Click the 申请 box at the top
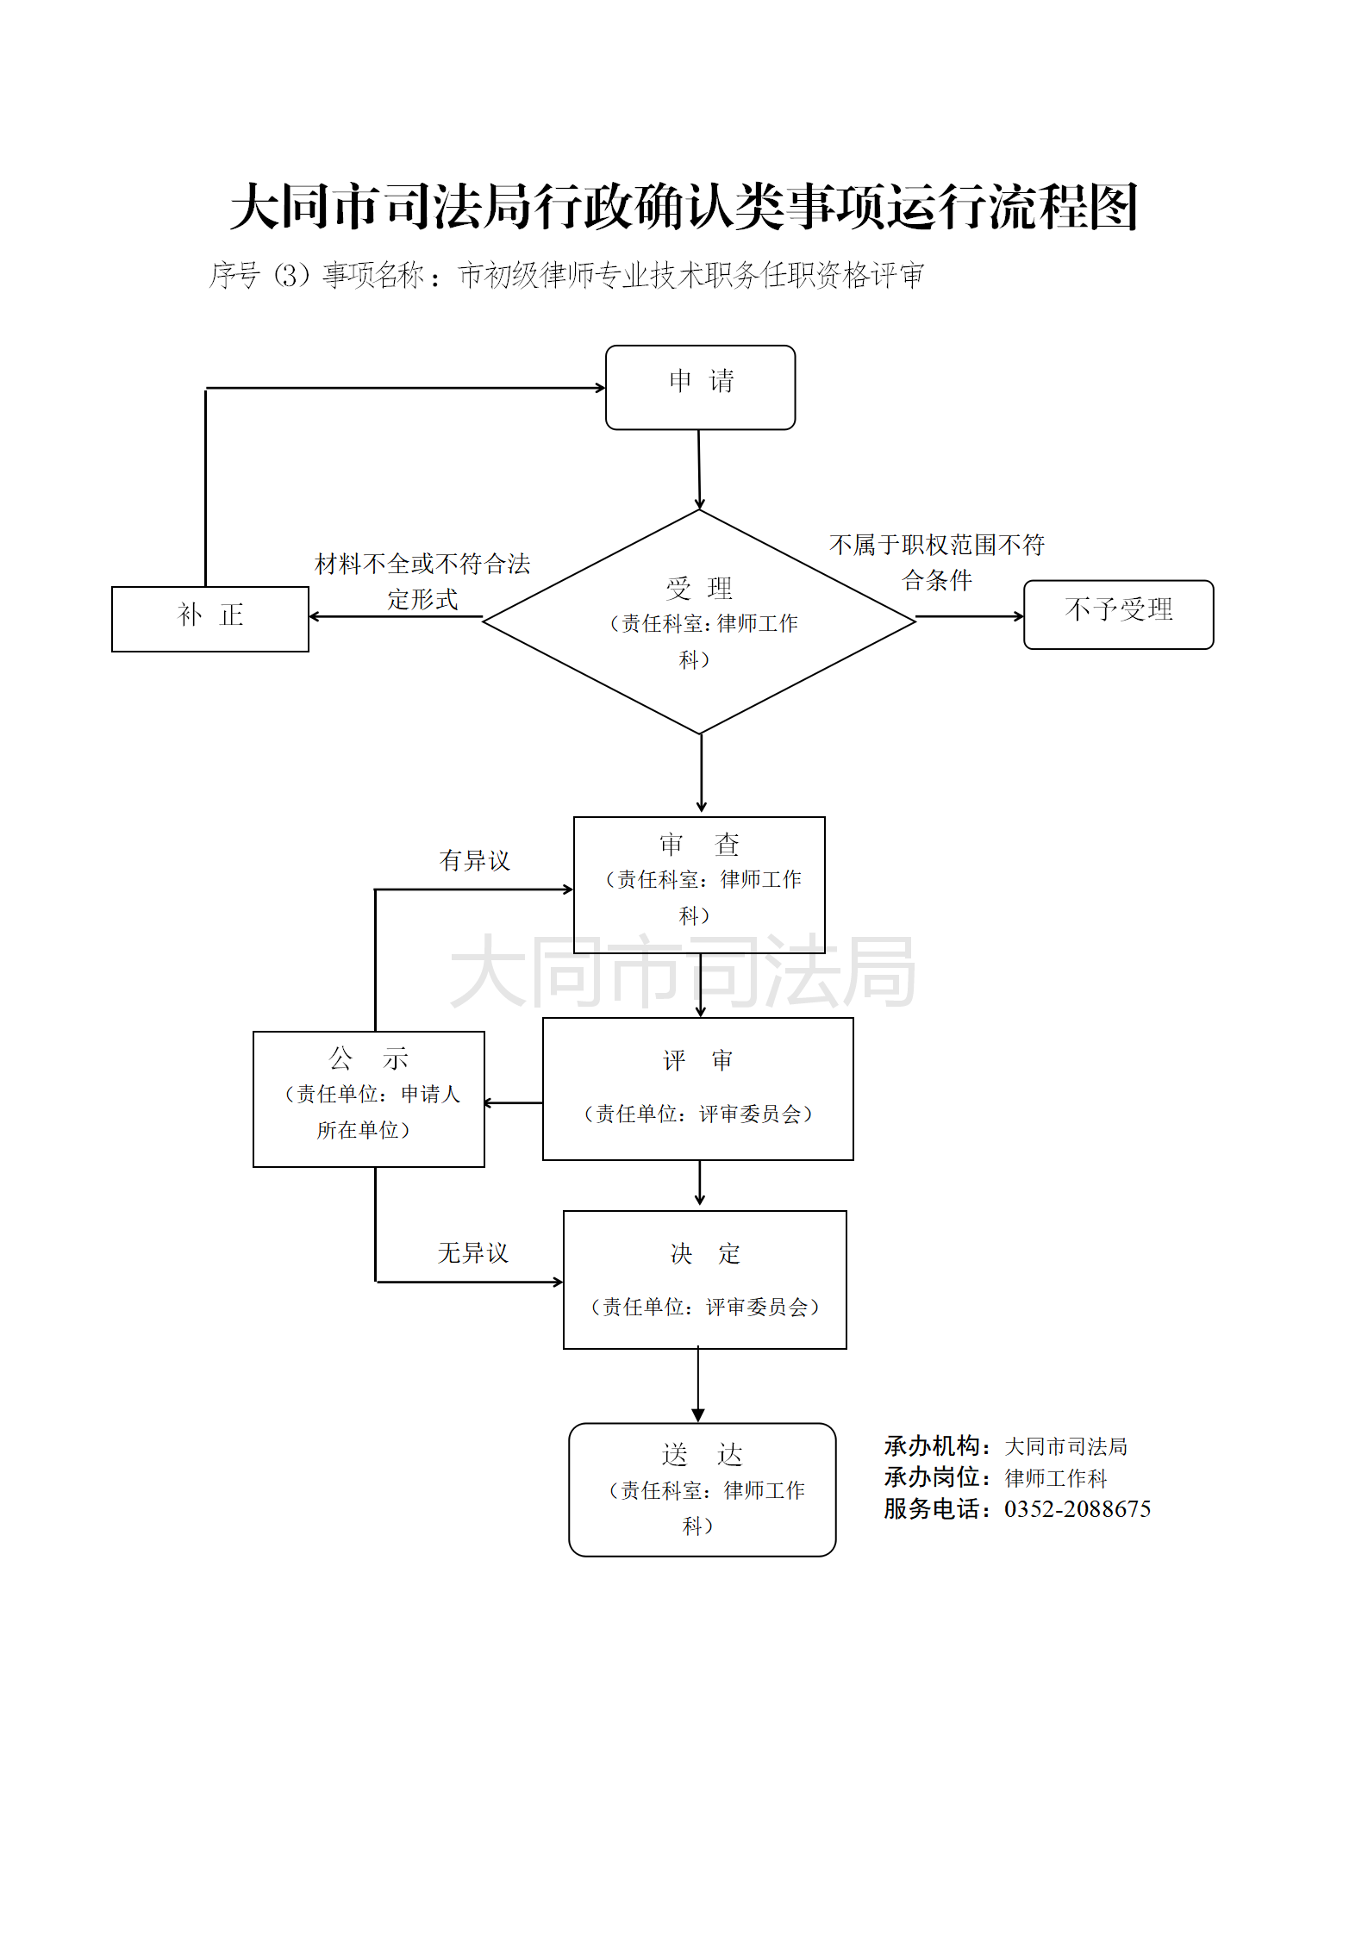(x=700, y=387)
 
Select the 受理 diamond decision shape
(x=699, y=621)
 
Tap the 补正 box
(x=209, y=619)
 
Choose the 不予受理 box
(x=1118, y=615)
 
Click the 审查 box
(x=699, y=884)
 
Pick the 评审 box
(x=697, y=1089)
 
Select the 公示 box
(x=368, y=1099)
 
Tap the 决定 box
(x=704, y=1280)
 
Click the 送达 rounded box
(x=702, y=1489)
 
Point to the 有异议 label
(x=474, y=860)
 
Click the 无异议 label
(x=472, y=1252)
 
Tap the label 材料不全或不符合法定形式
(x=422, y=581)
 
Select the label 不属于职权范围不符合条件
(x=937, y=562)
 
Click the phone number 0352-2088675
(x=1077, y=1509)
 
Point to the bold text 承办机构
(x=932, y=1445)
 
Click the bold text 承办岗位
(x=932, y=1477)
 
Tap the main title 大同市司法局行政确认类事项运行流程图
(x=684, y=208)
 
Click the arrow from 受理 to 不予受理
(x=969, y=616)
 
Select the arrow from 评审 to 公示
(x=514, y=1102)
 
